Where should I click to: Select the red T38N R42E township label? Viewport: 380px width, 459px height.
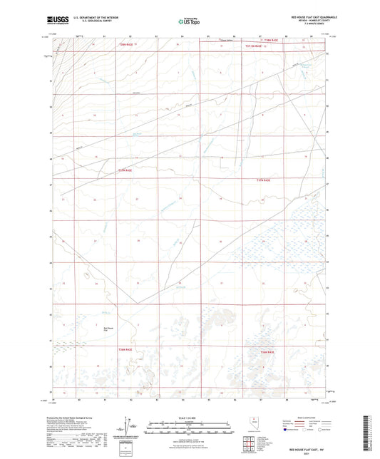(270, 41)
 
